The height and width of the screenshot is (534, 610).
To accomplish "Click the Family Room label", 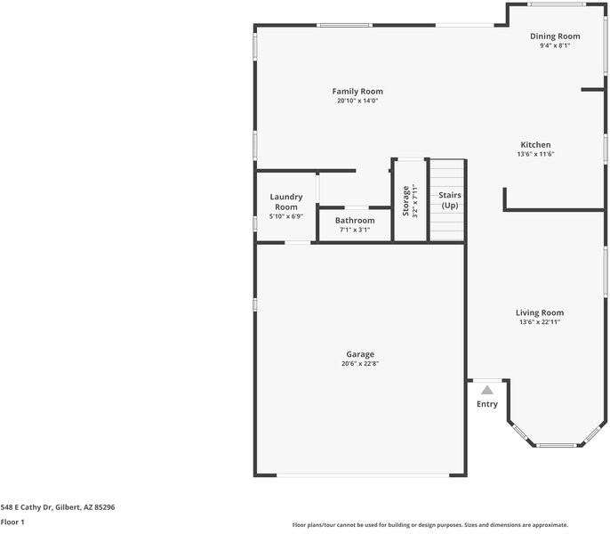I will [357, 91].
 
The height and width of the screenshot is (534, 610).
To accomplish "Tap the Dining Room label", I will [555, 36].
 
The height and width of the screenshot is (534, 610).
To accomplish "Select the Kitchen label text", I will [535, 144].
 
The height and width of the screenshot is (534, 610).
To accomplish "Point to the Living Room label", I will [540, 312].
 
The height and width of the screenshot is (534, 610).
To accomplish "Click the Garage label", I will [359, 353].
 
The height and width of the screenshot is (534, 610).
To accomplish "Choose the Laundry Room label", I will [286, 202].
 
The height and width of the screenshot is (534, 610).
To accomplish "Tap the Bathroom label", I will [355, 220].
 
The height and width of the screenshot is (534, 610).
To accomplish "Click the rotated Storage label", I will [406, 200].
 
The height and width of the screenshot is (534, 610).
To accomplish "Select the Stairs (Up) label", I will [449, 199].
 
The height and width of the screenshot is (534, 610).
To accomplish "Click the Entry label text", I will [487, 404].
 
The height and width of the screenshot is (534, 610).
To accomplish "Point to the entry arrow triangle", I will [487, 389].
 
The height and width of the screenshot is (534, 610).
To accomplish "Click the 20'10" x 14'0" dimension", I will [357, 101].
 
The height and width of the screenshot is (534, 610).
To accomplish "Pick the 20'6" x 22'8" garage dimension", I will [359, 363].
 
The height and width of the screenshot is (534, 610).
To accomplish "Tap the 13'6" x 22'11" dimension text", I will [540, 322].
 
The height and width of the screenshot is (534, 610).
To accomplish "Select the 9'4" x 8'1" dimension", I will [555, 45].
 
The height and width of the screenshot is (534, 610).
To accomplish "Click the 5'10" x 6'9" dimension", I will [286, 216].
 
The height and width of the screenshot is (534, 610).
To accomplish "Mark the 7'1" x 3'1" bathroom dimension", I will [355, 230].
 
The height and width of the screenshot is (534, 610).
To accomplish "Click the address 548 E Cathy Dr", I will [58, 506].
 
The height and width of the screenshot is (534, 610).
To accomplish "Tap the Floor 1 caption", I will [12, 522].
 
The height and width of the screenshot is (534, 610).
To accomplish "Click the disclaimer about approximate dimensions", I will [430, 525].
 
